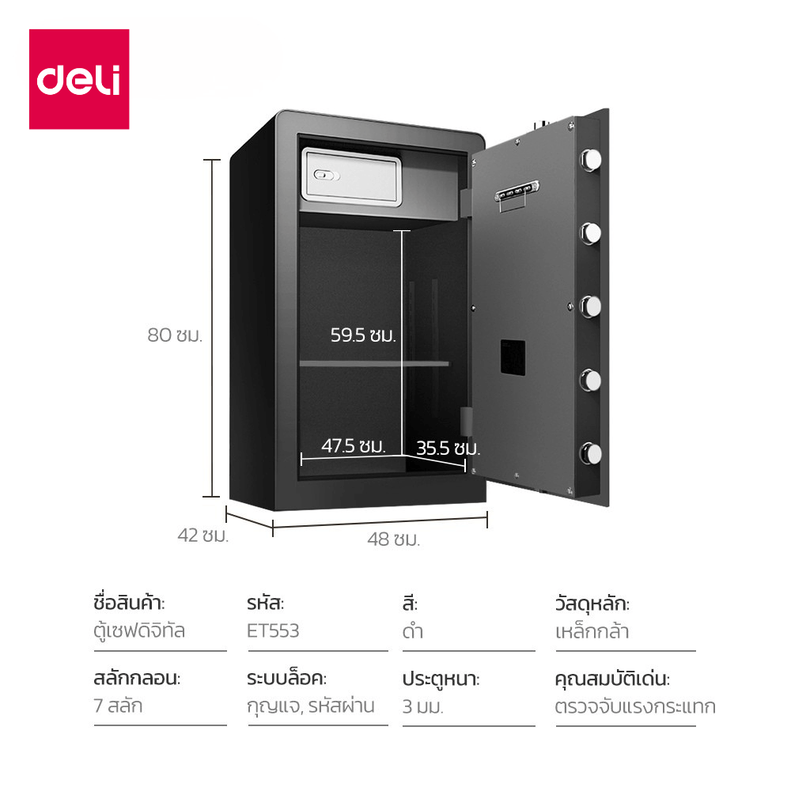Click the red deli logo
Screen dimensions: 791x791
pyautogui.click(x=79, y=79)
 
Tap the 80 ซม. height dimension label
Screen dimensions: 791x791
pyautogui.click(x=175, y=335)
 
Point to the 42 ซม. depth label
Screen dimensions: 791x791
pyautogui.click(x=202, y=536)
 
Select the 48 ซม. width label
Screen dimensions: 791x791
pyautogui.click(x=393, y=540)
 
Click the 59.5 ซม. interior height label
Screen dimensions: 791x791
pyautogui.click(x=362, y=335)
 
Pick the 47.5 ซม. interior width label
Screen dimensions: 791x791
pyautogui.click(x=353, y=445)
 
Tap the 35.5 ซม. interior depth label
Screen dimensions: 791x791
pyautogui.click(x=448, y=448)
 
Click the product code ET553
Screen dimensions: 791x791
pyautogui.click(x=273, y=631)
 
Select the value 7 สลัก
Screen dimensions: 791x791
pyautogui.click(x=118, y=706)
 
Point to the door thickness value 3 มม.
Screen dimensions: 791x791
pyautogui.click(x=422, y=706)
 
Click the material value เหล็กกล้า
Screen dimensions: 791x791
pyautogui.click(x=592, y=631)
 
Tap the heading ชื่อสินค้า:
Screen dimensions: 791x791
pyautogui.click(x=129, y=604)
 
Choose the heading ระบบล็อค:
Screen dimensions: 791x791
pyautogui.click(x=286, y=679)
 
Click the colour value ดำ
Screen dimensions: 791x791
pyautogui.click(x=411, y=631)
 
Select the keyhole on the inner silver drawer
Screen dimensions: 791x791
pyautogui.click(x=324, y=175)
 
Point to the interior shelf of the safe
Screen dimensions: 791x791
pyautogui.click(x=373, y=363)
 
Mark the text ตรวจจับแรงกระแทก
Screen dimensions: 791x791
pyautogui.click(x=635, y=706)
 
